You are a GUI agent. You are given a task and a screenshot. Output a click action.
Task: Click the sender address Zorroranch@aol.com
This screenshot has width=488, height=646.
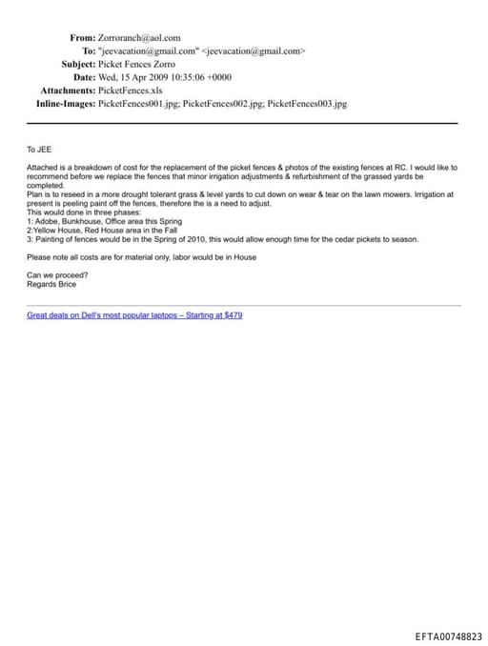pos(139,38)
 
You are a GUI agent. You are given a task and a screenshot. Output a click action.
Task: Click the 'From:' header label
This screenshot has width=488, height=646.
pos(82,38)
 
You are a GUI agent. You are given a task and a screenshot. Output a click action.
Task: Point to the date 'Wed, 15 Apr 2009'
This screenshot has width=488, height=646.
pos(137,77)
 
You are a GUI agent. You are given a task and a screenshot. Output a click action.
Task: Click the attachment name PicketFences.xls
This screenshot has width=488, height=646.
pos(131,90)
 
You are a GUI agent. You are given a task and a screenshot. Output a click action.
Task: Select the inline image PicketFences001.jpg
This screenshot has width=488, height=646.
pos(137,103)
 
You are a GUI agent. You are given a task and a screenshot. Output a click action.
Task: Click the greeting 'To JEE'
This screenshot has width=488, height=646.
pos(39,150)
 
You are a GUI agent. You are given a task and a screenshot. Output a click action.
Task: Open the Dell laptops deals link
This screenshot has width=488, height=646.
pos(133,314)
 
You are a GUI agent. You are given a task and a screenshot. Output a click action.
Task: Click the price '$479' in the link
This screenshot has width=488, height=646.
pos(232,314)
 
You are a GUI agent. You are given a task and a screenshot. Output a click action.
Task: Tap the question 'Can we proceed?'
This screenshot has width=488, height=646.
pos(57,274)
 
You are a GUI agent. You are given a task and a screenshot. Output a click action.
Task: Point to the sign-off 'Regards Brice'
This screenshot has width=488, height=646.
pos(51,283)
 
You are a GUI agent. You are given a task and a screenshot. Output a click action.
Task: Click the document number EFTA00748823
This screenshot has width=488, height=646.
pos(449,636)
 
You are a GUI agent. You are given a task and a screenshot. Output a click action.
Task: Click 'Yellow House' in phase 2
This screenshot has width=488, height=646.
pos(56,230)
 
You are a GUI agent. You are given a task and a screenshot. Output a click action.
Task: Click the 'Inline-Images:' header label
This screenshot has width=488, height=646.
pos(66,103)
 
